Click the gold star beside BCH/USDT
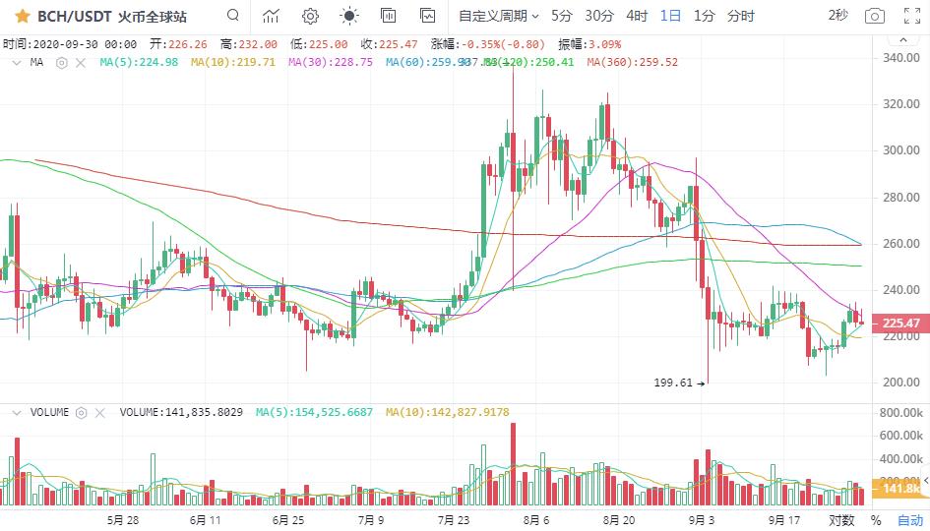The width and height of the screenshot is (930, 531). click(x=22, y=16)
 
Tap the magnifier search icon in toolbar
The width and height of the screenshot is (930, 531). click(x=232, y=16)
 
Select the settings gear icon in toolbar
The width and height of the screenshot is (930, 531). click(x=310, y=16)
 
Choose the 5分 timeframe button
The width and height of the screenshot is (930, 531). click(x=561, y=16)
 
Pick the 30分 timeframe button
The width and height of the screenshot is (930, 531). click(x=599, y=16)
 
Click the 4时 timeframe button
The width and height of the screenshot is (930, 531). click(x=637, y=16)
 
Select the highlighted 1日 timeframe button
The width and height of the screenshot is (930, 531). click(x=670, y=16)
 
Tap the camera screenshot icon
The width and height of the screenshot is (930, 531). click(x=874, y=16)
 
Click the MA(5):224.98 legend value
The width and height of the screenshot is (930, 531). click(x=140, y=62)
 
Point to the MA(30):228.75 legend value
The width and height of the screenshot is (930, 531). click(x=331, y=62)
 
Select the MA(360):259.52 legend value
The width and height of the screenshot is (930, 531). click(x=632, y=62)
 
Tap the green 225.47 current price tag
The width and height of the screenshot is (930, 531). click(x=901, y=323)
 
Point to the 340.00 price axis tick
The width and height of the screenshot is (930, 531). click(x=901, y=58)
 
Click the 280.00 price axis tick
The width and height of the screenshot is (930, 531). click(x=901, y=198)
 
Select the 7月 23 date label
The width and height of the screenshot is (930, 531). click(x=455, y=519)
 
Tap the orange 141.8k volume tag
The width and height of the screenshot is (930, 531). click(x=901, y=489)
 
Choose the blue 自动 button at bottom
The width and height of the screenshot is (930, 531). click(x=909, y=519)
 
